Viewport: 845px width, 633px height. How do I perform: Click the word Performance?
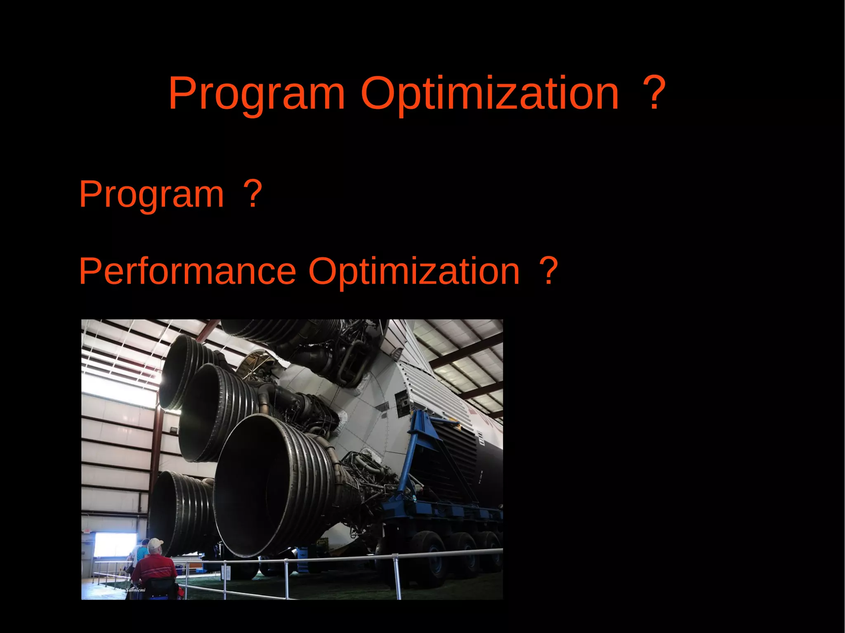[x=187, y=271]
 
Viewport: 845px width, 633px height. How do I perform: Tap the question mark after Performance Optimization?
[x=549, y=271]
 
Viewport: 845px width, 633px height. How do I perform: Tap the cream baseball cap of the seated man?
[x=155, y=544]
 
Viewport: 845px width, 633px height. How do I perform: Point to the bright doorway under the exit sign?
[x=115, y=544]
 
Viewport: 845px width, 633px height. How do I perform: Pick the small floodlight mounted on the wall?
[x=173, y=430]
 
